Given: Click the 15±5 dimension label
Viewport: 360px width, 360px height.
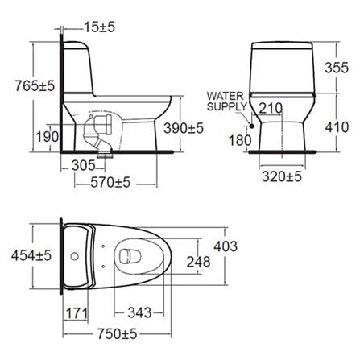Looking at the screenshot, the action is point(100,27).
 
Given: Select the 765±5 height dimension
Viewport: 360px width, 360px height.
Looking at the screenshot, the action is point(35,86).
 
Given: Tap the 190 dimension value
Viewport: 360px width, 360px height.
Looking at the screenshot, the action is point(48,137).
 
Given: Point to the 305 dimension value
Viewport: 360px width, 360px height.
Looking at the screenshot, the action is point(84,165).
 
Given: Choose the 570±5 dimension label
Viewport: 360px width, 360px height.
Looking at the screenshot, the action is point(110,183).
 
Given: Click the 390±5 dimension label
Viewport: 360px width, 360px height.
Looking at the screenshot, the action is point(184,128).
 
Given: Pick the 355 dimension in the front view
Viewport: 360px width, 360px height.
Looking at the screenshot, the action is point(337,68).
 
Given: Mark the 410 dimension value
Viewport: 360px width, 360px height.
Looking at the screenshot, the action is point(337,127).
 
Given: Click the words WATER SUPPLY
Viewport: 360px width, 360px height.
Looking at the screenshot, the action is point(226,101).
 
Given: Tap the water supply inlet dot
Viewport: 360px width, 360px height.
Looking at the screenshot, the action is point(252,126).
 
